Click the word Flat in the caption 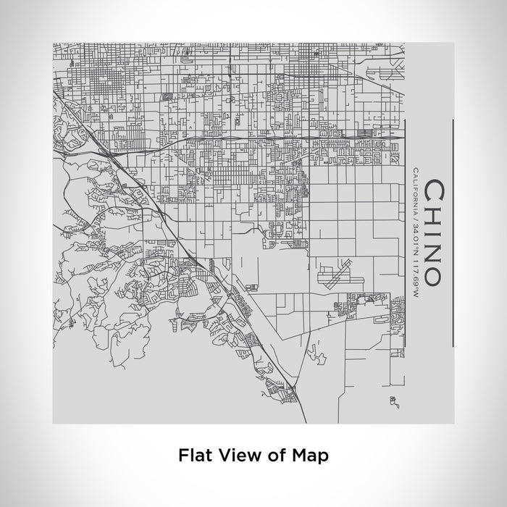[x=193, y=456]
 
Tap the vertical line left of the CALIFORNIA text [x=402, y=232]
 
